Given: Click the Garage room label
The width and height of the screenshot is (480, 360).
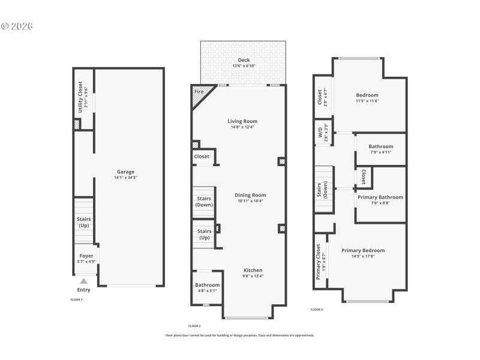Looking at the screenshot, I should pyautogui.click(x=125, y=172).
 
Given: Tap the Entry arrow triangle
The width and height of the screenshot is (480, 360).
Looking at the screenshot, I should pyautogui.click(x=84, y=281).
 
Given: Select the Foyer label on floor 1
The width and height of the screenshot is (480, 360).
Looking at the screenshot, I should pyautogui.click(x=86, y=256).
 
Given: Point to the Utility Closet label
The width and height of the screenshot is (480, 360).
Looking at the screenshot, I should pyautogui.click(x=80, y=100).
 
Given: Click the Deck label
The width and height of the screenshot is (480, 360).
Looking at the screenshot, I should pyautogui.click(x=244, y=59).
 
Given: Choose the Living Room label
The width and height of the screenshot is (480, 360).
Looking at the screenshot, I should pyautogui.click(x=242, y=121).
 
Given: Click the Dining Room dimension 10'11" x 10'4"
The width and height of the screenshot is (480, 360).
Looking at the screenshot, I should pyautogui.click(x=250, y=201).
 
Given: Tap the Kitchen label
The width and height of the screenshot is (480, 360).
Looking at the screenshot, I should pyautogui.click(x=253, y=270).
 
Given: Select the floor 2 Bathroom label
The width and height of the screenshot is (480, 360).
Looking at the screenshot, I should pyautogui.click(x=207, y=285).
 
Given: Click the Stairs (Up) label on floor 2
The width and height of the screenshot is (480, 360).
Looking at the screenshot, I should pyautogui.click(x=205, y=234).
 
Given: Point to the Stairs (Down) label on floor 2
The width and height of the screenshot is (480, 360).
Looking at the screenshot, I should pyautogui.click(x=204, y=202).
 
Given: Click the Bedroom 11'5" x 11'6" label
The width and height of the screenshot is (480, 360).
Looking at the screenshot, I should pyautogui.click(x=367, y=95).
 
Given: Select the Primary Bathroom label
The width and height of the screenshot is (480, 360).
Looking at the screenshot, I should pyautogui.click(x=380, y=197).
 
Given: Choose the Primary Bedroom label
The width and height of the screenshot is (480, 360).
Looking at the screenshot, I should pyautogui.click(x=363, y=250).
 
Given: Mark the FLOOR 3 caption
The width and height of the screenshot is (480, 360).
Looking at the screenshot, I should pyautogui.click(x=317, y=310).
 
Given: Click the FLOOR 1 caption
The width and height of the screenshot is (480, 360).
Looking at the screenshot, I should pyautogui.click(x=76, y=299).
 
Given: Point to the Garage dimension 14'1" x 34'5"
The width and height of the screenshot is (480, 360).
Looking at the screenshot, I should pyautogui.click(x=125, y=178).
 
